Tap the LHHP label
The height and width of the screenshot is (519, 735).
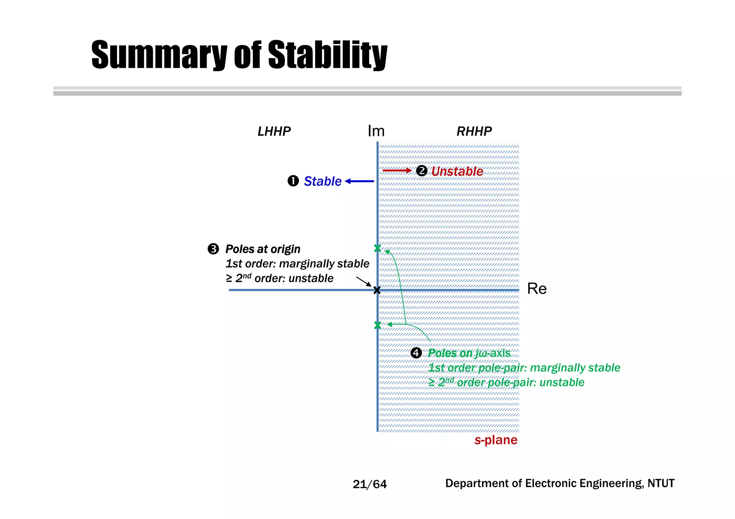tap(274, 131)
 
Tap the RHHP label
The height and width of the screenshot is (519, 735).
tap(474, 131)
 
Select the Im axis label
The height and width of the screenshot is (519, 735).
tap(376, 131)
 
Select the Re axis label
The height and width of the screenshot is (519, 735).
tap(537, 289)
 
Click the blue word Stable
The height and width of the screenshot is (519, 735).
tap(322, 181)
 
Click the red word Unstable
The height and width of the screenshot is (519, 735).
tap(457, 171)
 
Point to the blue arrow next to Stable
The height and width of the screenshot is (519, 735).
tap(359, 181)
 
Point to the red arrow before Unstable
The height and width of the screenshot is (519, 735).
tap(397, 171)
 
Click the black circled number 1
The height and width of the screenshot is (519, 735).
tap(293, 181)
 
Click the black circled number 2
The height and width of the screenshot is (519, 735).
tap(422, 171)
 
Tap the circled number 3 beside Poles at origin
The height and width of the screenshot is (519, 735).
tap(213, 249)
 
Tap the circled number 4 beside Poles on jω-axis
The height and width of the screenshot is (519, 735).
tap(416, 353)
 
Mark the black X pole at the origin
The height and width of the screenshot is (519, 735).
tap(377, 290)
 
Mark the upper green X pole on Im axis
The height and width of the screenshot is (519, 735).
tap(377, 248)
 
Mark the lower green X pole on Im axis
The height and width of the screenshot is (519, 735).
tap(377, 325)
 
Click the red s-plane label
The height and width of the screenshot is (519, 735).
tap(496, 440)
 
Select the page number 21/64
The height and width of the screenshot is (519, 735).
tap(370, 485)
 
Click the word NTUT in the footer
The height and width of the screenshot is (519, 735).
tap(661, 483)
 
